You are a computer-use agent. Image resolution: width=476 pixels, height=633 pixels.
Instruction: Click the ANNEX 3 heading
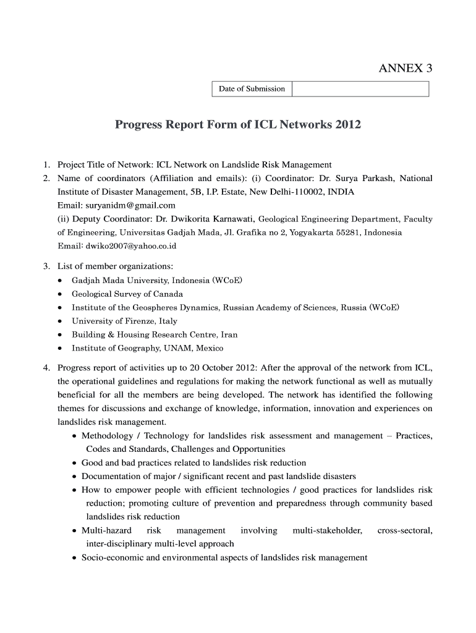[x=405, y=69]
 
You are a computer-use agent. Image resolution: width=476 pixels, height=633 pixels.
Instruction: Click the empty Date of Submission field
[x=360, y=89]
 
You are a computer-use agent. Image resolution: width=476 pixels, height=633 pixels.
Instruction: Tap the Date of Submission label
[x=252, y=89]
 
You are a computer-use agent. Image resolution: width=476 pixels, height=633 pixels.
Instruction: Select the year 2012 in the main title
[x=347, y=125]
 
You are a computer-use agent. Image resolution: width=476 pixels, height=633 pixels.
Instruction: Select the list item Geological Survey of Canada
[x=127, y=294]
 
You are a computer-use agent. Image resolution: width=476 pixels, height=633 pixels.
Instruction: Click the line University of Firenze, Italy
[x=124, y=321]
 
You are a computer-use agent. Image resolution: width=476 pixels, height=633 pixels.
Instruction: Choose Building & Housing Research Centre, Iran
[x=155, y=335]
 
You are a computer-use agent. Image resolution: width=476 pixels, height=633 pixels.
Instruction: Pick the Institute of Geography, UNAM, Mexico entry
[x=148, y=349]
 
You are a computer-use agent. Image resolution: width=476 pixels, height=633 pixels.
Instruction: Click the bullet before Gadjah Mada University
[x=59, y=281]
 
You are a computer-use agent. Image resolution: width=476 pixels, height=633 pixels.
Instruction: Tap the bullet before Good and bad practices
[x=75, y=463]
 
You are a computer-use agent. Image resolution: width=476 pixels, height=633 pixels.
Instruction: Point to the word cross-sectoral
[x=404, y=531]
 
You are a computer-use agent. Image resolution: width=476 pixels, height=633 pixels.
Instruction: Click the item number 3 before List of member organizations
[x=46, y=266]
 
